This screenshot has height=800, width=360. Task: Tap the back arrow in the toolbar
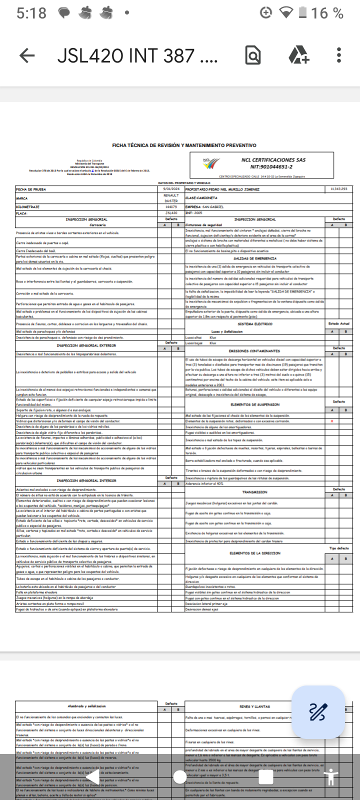click(x=27, y=55)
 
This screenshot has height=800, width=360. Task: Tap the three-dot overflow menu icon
click(x=339, y=55)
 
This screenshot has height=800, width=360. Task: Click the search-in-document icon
click(x=253, y=55)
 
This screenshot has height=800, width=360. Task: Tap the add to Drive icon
click(x=299, y=55)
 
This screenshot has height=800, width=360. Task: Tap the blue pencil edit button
click(x=318, y=711)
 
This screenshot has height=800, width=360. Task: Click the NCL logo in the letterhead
click(x=210, y=163)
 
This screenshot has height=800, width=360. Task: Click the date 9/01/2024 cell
click(x=171, y=189)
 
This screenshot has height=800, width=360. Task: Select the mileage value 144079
click(x=171, y=207)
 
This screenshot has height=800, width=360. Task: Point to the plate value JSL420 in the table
click(x=171, y=213)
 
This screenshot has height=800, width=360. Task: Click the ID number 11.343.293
click(x=338, y=189)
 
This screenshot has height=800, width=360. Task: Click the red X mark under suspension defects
click(x=332, y=421)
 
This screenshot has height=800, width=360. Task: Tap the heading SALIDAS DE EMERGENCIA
click(x=255, y=258)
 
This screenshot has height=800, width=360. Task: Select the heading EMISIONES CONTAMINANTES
click(x=254, y=351)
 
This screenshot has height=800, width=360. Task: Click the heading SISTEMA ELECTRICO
click(x=255, y=324)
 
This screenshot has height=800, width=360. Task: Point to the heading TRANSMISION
click(x=255, y=492)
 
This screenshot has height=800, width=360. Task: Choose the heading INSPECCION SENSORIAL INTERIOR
click(x=86, y=480)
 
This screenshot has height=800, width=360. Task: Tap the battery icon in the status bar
click(x=302, y=12)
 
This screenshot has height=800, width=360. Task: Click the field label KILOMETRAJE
click(x=28, y=207)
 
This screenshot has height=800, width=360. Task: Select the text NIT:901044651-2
click(x=271, y=167)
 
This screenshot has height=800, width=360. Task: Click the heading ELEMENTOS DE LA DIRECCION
click(x=255, y=553)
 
